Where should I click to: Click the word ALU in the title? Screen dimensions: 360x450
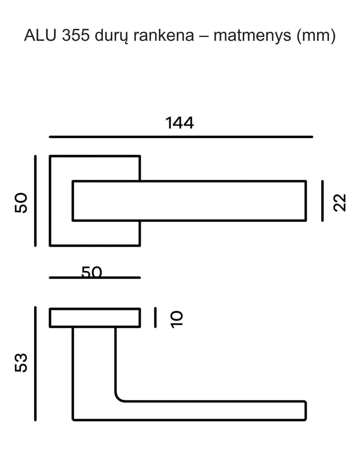tap(40, 35)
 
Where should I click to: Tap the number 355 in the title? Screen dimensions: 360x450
tap(76, 35)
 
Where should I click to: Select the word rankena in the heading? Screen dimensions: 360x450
tap(164, 35)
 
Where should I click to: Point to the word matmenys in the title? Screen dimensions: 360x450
tap(252, 36)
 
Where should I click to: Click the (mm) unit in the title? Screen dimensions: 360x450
tap(316, 36)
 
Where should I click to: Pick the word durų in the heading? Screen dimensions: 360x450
tap(111, 36)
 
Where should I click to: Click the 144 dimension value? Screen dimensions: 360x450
tap(180, 123)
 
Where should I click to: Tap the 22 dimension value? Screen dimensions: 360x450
tap(340, 202)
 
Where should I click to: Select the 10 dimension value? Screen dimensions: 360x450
tap(177, 320)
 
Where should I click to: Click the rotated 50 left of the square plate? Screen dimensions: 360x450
tap(21, 203)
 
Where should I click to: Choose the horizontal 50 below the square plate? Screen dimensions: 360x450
tap(92, 272)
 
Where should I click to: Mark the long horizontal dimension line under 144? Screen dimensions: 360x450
tap(181, 137)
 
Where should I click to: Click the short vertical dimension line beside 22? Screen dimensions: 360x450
tap(322, 201)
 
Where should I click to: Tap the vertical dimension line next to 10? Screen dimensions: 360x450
tap(155, 317)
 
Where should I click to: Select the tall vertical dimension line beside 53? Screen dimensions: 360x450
tap(36, 364)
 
